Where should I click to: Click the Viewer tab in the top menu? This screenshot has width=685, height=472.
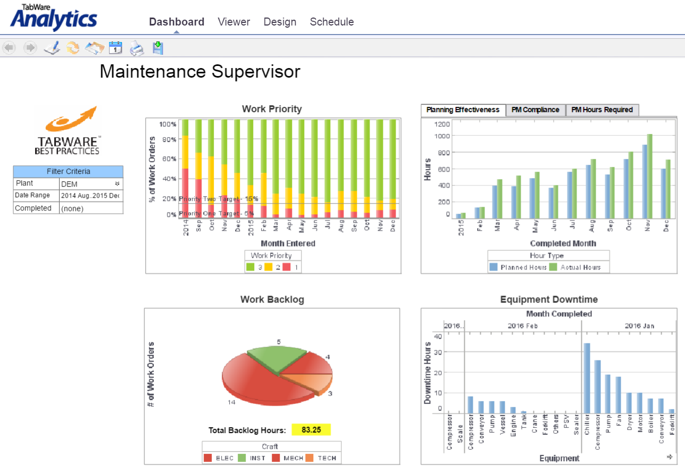tap(233, 22)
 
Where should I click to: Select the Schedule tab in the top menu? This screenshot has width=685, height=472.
tap(331, 22)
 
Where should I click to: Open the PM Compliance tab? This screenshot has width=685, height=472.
tap(535, 110)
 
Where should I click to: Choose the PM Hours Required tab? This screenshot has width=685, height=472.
tap(602, 110)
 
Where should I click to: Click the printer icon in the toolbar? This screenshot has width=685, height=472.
tap(137, 48)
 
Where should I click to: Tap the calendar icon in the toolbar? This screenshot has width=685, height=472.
tap(115, 48)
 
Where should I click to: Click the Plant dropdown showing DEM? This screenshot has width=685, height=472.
tap(90, 184)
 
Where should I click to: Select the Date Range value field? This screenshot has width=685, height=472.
tap(90, 196)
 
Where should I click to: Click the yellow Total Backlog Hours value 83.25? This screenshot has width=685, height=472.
tap(311, 430)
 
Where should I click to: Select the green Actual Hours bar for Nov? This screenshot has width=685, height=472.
tap(649, 175)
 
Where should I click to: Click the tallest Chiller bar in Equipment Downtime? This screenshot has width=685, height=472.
tap(587, 377)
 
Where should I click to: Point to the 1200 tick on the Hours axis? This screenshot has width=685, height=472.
tap(442, 124)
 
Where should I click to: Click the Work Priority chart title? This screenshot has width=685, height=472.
tap(272, 109)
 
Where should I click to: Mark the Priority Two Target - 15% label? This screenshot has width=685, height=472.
tap(219, 199)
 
